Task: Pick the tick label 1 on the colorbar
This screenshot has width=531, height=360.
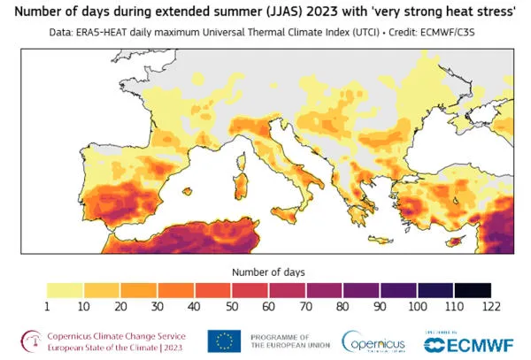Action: coord(46,305)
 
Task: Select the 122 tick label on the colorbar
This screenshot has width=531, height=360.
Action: coord(489,305)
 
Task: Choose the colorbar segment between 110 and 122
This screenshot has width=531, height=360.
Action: coord(471,289)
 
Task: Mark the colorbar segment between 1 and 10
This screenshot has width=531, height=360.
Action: coord(64,289)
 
